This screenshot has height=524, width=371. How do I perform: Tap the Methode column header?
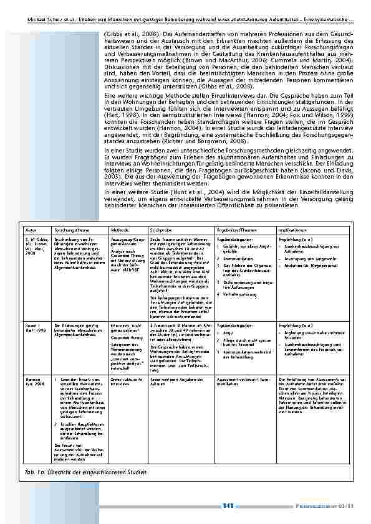(120, 230)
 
